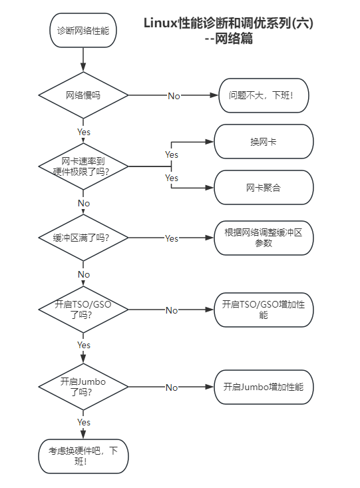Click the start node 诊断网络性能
click(83, 30)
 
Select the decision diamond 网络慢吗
click(83, 95)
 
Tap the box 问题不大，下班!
click(264, 95)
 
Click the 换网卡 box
click(264, 142)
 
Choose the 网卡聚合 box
click(264, 187)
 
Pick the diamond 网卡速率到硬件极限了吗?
click(83, 166)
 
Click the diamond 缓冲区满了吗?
click(83, 238)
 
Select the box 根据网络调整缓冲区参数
click(264, 238)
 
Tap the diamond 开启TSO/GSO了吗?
click(83, 310)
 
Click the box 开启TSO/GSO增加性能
click(264, 310)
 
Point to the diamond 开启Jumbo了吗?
click(83, 387)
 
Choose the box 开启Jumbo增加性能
click(264, 387)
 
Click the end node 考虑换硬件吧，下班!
click(83, 456)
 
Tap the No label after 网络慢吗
click(174, 96)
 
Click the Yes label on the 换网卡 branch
click(172, 154)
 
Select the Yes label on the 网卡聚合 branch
click(172, 178)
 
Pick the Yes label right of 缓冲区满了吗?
click(172, 238)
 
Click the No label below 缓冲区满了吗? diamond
click(84, 274)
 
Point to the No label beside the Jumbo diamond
click(172, 387)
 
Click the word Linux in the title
click(160, 23)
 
